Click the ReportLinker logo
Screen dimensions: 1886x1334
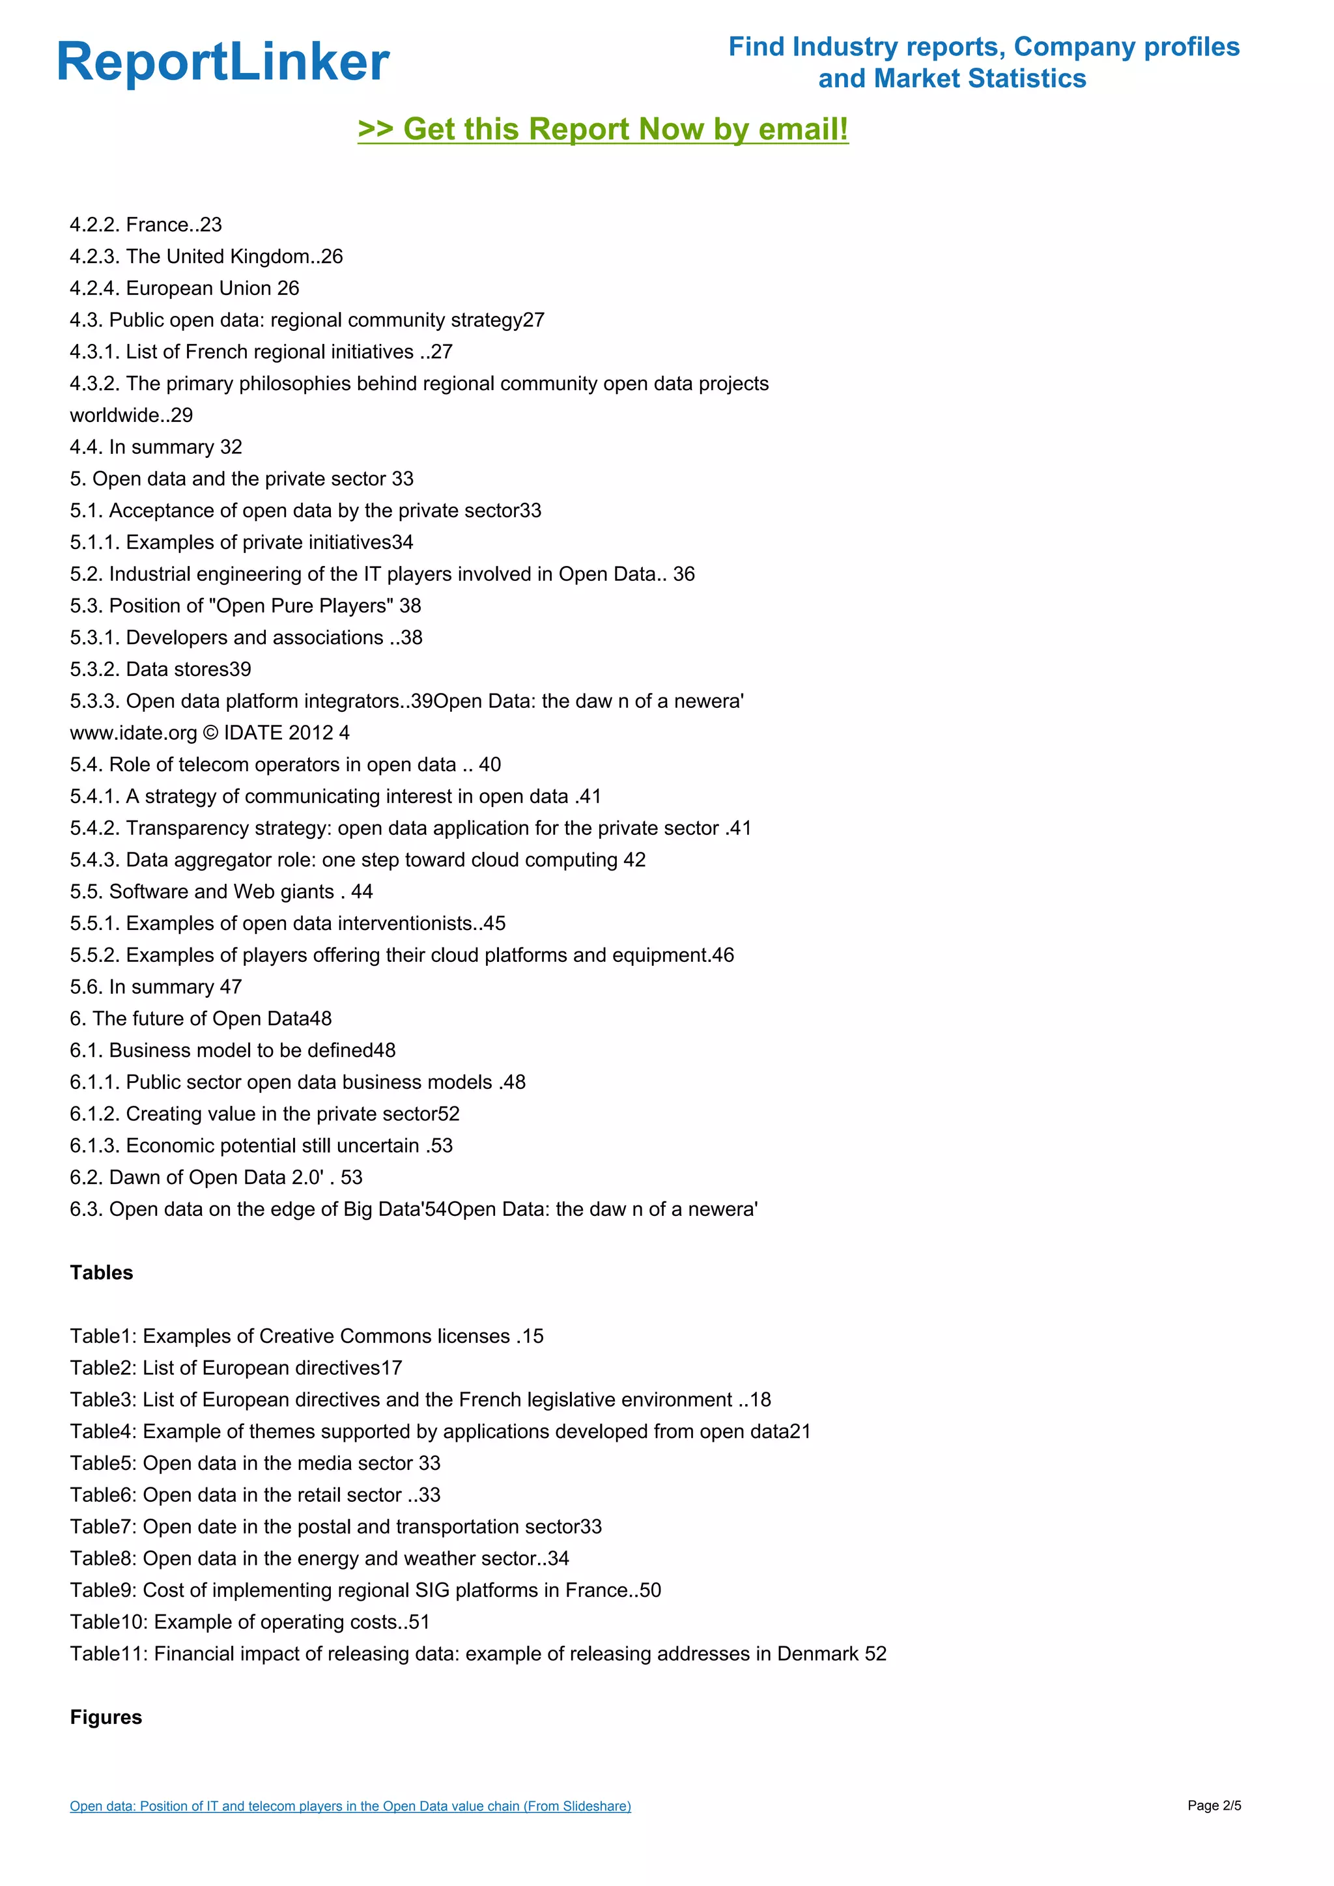[x=223, y=63]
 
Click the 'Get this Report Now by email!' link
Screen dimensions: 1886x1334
[x=603, y=130]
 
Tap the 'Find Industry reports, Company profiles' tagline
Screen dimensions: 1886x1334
[x=984, y=47]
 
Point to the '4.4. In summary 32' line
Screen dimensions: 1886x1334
[x=156, y=447]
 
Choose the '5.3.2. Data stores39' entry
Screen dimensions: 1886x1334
[x=161, y=669]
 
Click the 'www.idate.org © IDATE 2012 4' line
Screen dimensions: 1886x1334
[x=210, y=733]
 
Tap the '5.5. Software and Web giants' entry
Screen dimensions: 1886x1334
[x=221, y=892]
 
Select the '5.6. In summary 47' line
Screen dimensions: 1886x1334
[x=156, y=987]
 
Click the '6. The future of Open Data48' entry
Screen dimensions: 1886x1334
[x=201, y=1019]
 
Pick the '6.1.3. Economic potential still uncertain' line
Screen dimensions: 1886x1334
[x=261, y=1146]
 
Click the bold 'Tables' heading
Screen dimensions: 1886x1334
[x=102, y=1273]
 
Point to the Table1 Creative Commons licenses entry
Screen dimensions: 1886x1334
[x=306, y=1336]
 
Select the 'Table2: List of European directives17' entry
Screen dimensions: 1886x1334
[x=236, y=1368]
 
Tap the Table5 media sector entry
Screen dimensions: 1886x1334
[x=255, y=1464]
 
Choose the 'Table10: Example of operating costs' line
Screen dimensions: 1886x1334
[x=249, y=1622]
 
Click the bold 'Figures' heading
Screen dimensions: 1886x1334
[x=106, y=1717]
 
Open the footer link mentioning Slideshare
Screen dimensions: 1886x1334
[x=350, y=1807]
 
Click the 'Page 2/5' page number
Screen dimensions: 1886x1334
[x=1214, y=1805]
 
